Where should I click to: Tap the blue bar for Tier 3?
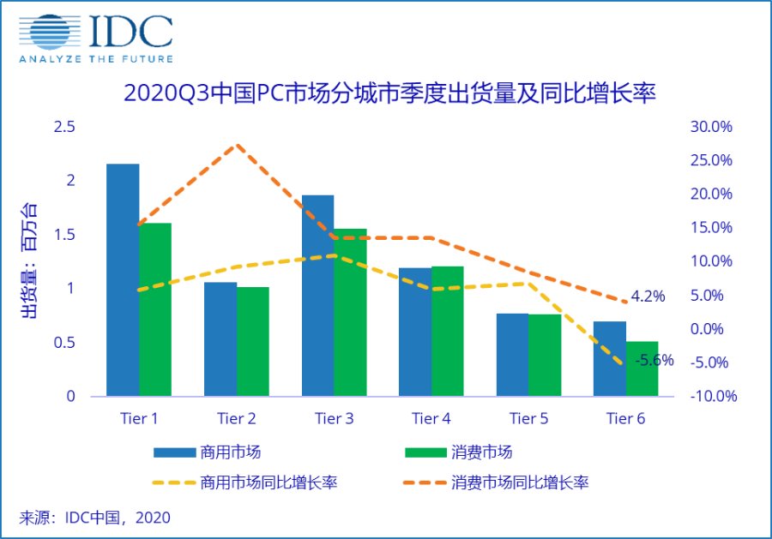tap(318, 296)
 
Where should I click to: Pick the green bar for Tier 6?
tap(642, 369)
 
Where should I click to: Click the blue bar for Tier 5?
tap(513, 355)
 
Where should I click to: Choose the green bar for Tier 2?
tap(253, 342)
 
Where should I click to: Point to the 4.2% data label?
tap(648, 296)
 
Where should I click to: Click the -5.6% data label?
tap(654, 361)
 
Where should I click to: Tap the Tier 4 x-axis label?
tap(431, 418)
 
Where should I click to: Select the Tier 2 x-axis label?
tap(237, 418)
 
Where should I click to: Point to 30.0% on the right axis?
tap(711, 127)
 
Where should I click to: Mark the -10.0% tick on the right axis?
tap(711, 397)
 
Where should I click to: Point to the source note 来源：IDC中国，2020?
tap(95, 517)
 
